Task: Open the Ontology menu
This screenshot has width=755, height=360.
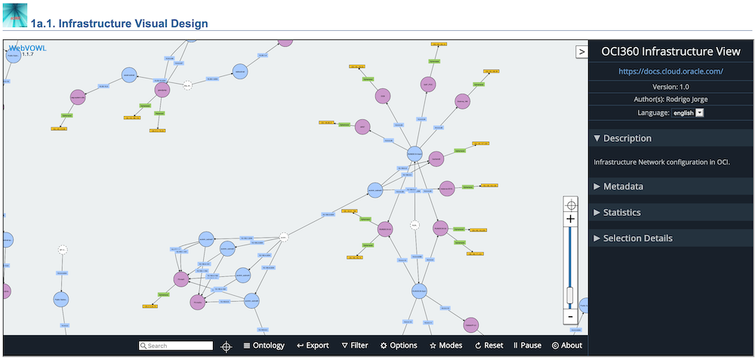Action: (263, 346)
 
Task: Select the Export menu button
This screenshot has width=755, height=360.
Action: (313, 346)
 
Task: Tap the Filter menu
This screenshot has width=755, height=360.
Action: (355, 346)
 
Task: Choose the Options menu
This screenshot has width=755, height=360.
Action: (399, 346)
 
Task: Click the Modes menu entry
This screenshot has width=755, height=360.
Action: (445, 346)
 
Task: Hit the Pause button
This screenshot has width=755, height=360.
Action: (527, 346)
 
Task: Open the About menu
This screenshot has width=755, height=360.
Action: (567, 346)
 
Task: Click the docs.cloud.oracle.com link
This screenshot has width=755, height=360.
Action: (670, 71)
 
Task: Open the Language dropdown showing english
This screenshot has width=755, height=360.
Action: (688, 112)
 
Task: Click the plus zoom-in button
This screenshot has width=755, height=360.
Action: (571, 219)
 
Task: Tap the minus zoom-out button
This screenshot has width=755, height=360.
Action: (571, 317)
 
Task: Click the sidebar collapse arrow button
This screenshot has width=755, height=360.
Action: (581, 51)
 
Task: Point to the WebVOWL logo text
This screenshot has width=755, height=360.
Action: (26, 48)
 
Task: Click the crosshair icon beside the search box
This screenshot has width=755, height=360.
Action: (226, 346)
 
